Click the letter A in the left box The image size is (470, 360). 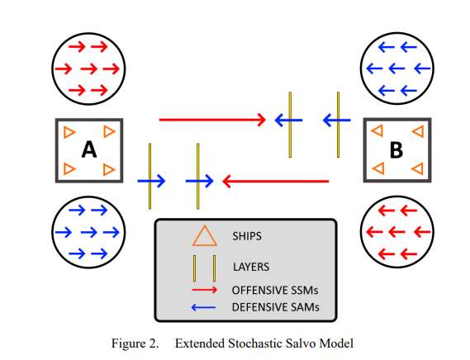pos(89,149)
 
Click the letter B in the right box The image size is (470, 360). pos(396,150)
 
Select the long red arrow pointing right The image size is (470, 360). pos(212,120)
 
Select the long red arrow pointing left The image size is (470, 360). pos(275,181)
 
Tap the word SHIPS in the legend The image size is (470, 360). pos(247,236)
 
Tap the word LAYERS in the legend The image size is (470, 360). pos(251,267)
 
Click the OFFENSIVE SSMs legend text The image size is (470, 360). pos(275,290)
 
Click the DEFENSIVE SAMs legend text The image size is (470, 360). pos(275,307)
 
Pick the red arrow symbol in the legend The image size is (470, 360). pos(204,290)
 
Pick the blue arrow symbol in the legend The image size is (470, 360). pos(203,307)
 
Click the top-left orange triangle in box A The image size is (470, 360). pos(69,132)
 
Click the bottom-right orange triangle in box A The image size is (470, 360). pos(108,169)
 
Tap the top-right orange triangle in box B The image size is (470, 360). pos(419,131)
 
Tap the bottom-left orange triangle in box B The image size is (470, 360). pos(379,168)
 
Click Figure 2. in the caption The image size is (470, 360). pos(135,343)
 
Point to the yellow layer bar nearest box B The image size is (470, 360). pos(338,125)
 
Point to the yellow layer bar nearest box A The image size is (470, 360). pos(150,176)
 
